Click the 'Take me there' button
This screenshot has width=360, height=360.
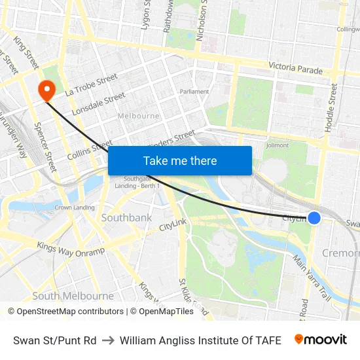click(x=180, y=160)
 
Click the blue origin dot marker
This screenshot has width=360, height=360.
click(x=314, y=218)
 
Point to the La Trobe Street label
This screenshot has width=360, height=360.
click(x=91, y=85)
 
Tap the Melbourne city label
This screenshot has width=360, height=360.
click(x=138, y=116)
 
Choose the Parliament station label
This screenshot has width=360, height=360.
click(x=194, y=92)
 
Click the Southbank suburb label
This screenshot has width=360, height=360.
click(x=126, y=217)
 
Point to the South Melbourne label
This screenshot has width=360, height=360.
click(x=73, y=296)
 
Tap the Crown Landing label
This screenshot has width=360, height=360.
click(x=74, y=207)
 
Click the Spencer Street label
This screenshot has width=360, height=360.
click(x=46, y=147)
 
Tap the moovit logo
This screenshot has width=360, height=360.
click(x=320, y=340)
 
